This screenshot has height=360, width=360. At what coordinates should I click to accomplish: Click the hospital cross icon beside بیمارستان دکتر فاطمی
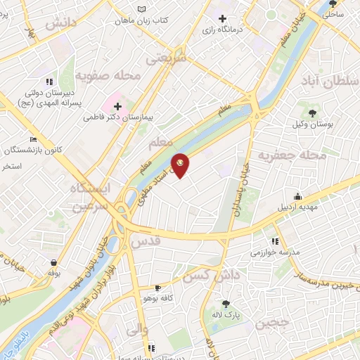(x=117, y=107)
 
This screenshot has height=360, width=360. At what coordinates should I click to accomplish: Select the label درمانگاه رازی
(x=222, y=30)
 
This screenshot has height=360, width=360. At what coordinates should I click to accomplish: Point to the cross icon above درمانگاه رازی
(x=223, y=18)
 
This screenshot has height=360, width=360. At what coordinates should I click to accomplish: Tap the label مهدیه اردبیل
(x=299, y=207)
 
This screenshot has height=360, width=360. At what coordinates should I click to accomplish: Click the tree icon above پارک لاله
(x=226, y=304)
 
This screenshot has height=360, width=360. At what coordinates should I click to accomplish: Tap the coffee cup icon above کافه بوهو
(x=157, y=288)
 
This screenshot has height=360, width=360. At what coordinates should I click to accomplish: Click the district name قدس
(x=146, y=242)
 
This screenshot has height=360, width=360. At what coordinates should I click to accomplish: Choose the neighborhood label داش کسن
(x=208, y=276)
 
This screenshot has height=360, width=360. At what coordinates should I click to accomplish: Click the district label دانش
(x=61, y=23)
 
